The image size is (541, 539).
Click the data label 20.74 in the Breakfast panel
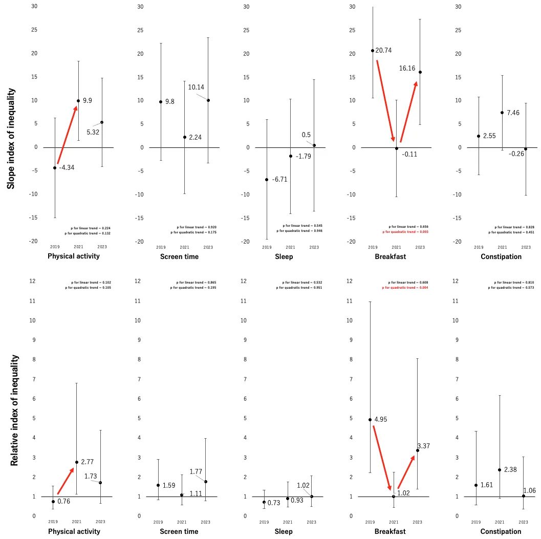click(x=384, y=51)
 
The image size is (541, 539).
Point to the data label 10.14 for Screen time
click(x=196, y=87)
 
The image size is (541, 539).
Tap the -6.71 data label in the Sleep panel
click(x=279, y=180)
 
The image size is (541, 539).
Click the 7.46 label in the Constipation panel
click(x=512, y=113)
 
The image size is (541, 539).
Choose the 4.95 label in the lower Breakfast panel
click(x=380, y=420)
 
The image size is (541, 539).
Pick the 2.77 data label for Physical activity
click(x=87, y=462)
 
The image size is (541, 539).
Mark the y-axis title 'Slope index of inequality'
click(x=11, y=139)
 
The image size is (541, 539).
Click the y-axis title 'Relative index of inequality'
click(x=14, y=411)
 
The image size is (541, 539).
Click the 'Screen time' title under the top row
click(x=179, y=256)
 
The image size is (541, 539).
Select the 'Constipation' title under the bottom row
click(x=501, y=532)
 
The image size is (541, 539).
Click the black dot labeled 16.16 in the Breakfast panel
click(x=420, y=72)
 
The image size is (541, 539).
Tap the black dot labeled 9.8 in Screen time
click(x=161, y=102)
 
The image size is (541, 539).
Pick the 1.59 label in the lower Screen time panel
click(x=170, y=485)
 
